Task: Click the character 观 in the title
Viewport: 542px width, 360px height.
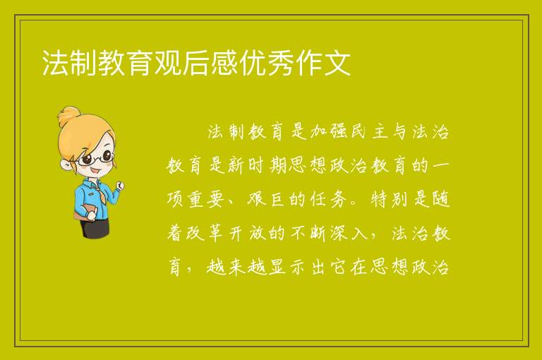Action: point(168,63)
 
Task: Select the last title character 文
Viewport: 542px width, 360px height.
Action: point(337,63)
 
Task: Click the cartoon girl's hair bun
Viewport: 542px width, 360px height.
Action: point(68,116)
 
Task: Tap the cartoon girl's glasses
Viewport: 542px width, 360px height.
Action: point(96,157)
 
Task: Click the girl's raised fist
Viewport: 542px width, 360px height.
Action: point(119,186)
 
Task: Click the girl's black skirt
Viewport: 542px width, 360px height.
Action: point(95,227)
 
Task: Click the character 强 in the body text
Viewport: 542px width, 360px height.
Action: point(339,131)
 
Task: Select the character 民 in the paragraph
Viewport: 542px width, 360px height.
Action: point(359,131)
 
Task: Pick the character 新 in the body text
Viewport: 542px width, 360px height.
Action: point(237,166)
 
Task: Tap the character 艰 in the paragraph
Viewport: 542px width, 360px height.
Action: point(257,199)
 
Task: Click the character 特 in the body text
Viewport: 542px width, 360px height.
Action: point(380,199)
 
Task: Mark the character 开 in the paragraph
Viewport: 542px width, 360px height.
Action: point(237,233)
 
